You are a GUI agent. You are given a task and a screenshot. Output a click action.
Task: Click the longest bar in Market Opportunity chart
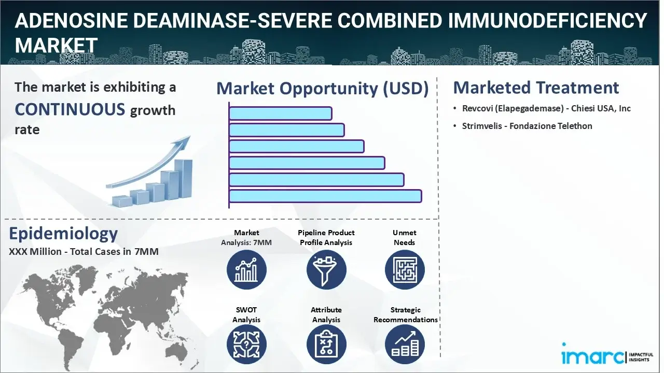pyautogui.click(x=325, y=196)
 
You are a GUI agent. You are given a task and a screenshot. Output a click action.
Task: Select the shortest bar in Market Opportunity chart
pyautogui.click(x=281, y=113)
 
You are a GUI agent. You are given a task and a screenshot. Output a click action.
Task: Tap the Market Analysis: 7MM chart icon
pyautogui.click(x=246, y=270)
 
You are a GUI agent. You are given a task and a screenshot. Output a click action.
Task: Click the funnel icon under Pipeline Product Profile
pyautogui.click(x=326, y=270)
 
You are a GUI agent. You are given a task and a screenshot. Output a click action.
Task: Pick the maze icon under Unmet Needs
pyautogui.click(x=405, y=270)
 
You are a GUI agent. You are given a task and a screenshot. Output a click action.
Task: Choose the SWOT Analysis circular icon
pyautogui.click(x=246, y=345)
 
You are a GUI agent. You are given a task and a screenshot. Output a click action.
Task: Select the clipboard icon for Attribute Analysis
pyautogui.click(x=326, y=345)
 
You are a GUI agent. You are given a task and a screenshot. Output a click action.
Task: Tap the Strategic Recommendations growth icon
pyautogui.click(x=405, y=345)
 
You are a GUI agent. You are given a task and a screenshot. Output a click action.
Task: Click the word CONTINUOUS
pyautogui.click(x=70, y=109)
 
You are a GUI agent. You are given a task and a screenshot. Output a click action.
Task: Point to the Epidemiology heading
pyautogui.click(x=63, y=234)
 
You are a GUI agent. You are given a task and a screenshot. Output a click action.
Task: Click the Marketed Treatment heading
pyautogui.click(x=536, y=88)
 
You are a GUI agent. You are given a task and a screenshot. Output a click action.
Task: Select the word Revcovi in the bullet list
pyautogui.click(x=477, y=109)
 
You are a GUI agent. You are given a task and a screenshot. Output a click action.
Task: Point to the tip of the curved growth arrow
pyautogui.click(x=190, y=136)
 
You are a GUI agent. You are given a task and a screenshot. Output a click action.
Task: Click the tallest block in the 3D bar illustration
pyautogui.click(x=183, y=179)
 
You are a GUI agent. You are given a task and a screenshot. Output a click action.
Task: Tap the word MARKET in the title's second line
pyautogui.click(x=56, y=45)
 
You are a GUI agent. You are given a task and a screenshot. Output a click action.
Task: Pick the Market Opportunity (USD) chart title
pyautogui.click(x=323, y=89)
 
